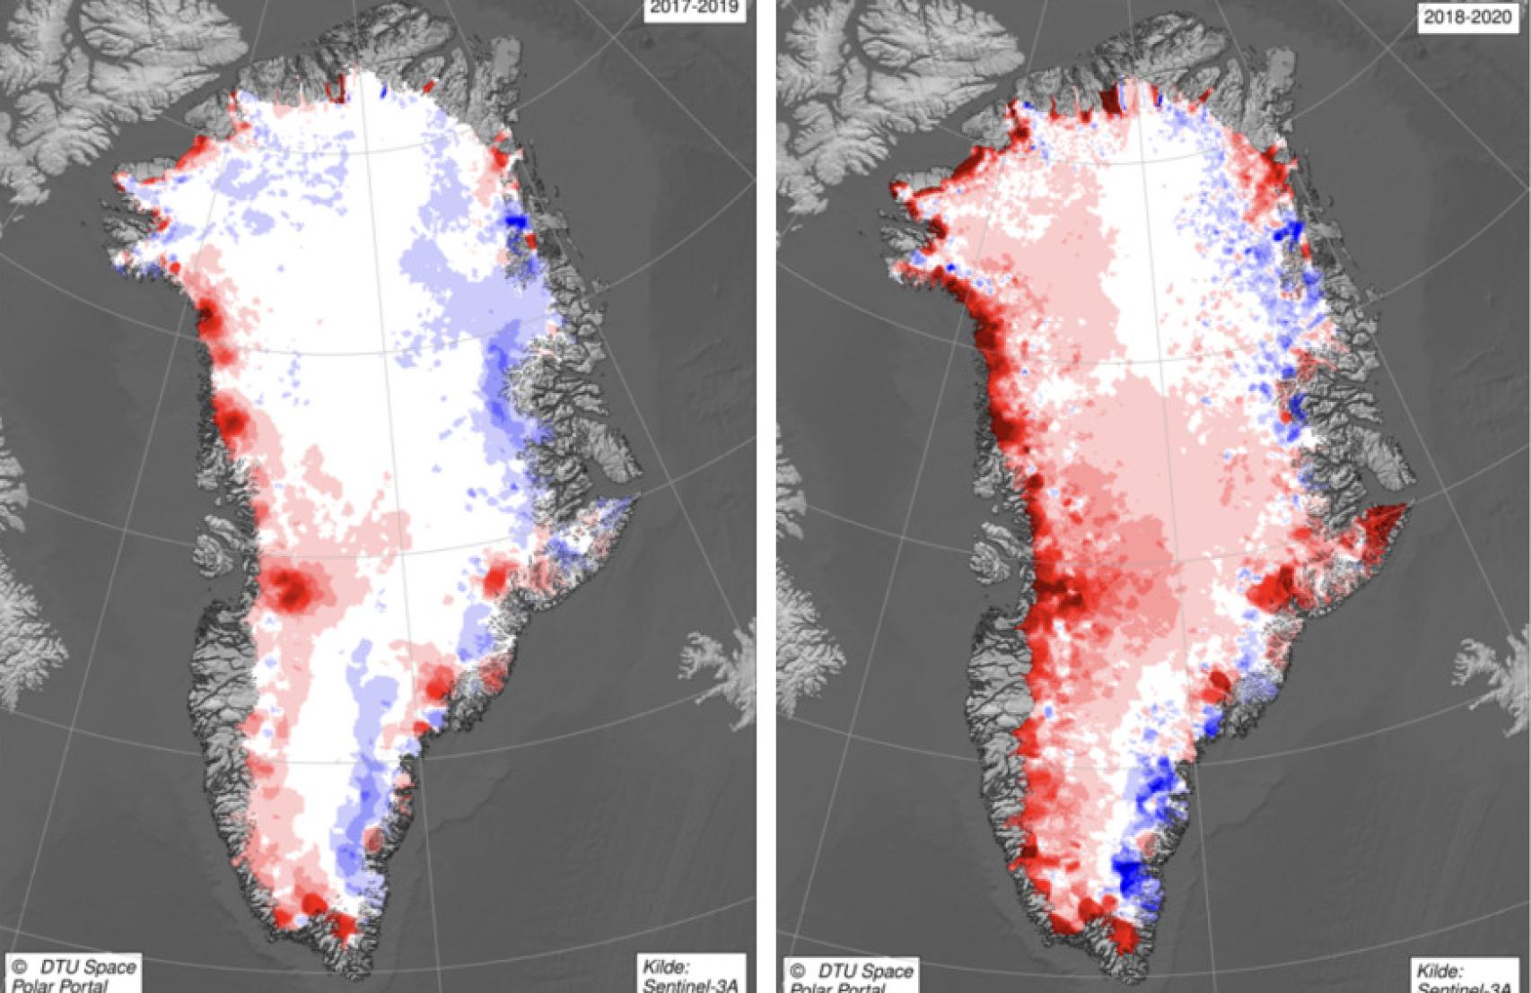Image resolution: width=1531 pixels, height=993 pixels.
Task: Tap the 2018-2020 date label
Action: pos(1466,16)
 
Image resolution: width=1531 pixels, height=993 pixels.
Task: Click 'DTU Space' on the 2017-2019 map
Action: pos(88,967)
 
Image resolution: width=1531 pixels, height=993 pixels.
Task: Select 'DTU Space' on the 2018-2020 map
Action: pos(864,971)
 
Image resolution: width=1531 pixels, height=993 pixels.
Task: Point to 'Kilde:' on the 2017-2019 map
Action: pos(666,967)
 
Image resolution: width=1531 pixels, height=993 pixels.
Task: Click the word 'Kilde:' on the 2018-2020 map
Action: pos(1439,971)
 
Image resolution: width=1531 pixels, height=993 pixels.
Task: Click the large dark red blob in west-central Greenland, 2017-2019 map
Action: pos(293,588)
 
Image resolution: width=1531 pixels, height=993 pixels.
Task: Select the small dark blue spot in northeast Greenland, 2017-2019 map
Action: pos(514,220)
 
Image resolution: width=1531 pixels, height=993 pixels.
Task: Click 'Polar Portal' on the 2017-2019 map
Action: pos(61,985)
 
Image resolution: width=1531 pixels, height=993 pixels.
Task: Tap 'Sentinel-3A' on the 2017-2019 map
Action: pos(690,985)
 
